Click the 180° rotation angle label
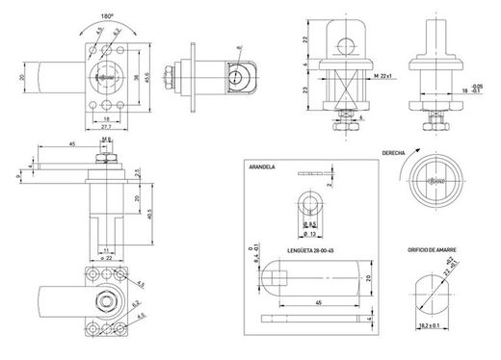(x=107, y=16)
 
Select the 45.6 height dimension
(x=147, y=79)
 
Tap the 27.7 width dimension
(x=107, y=127)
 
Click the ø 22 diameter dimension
(x=108, y=257)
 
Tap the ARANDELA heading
(x=263, y=167)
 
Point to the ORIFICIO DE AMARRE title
(x=433, y=249)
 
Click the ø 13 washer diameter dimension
(x=311, y=233)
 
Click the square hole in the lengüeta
(x=279, y=281)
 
